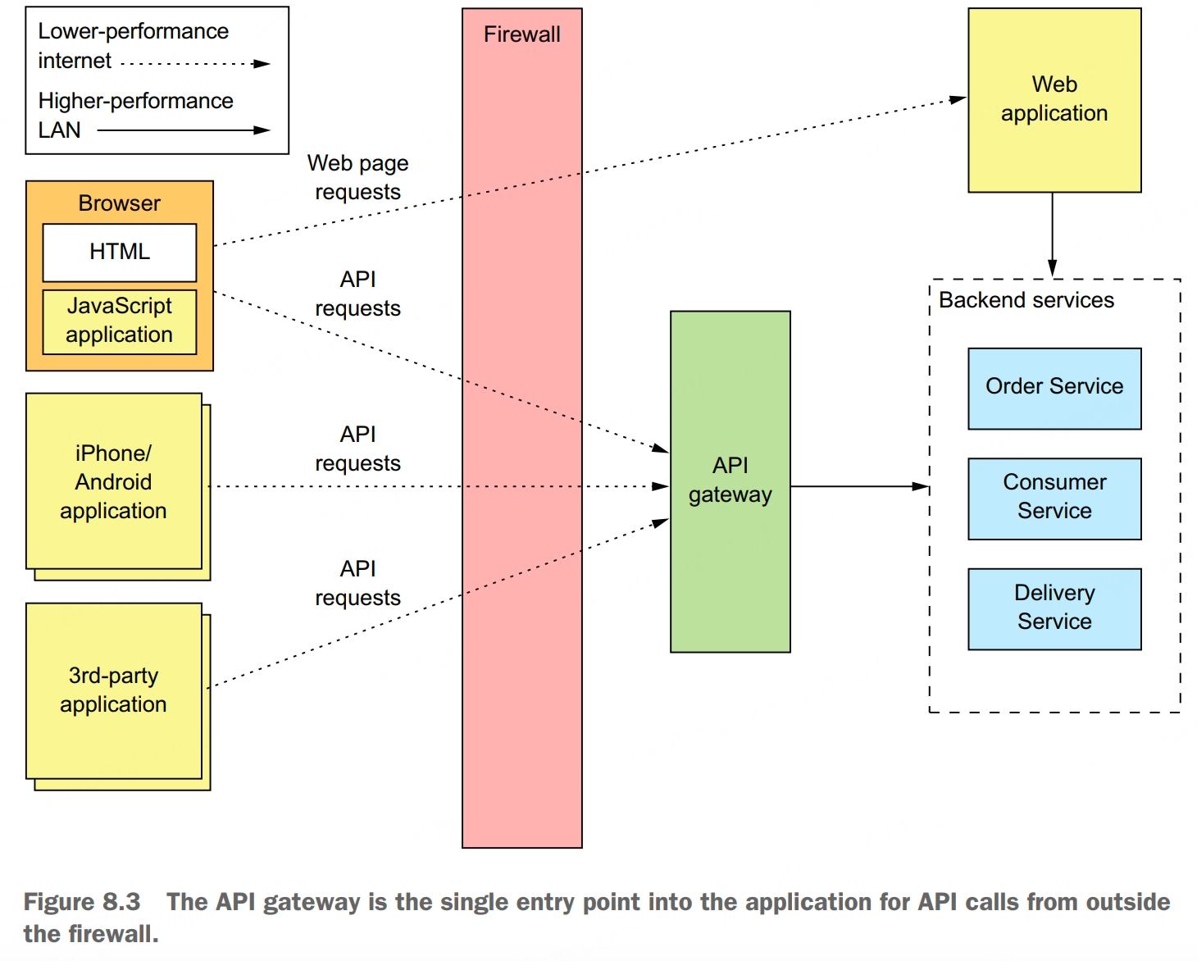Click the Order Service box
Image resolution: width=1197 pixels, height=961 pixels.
(x=1054, y=388)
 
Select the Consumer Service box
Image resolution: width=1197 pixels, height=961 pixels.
(x=1054, y=498)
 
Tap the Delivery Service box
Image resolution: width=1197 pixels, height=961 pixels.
(x=1054, y=608)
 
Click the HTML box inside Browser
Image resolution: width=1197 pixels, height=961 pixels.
(x=120, y=252)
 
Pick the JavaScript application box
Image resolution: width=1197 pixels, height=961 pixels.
(x=120, y=321)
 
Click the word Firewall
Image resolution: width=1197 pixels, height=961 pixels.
(x=521, y=34)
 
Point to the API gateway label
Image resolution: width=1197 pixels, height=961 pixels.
(x=730, y=480)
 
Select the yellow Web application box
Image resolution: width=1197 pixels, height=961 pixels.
(x=1054, y=99)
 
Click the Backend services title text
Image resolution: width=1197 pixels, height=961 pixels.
(x=1026, y=300)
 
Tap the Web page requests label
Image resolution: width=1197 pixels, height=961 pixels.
(x=357, y=177)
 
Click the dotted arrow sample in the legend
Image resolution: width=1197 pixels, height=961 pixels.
(x=195, y=63)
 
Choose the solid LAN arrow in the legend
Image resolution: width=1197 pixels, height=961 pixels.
(x=184, y=130)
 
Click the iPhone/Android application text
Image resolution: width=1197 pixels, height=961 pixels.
(x=113, y=482)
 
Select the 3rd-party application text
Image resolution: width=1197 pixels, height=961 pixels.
(x=113, y=690)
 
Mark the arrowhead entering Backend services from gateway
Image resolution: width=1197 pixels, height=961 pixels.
(x=921, y=486)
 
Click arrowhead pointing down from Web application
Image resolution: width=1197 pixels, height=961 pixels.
(x=1052, y=268)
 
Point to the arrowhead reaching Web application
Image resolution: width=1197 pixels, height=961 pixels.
(x=958, y=99)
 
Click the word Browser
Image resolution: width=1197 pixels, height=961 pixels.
(x=120, y=203)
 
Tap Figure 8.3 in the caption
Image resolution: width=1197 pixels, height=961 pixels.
(x=82, y=902)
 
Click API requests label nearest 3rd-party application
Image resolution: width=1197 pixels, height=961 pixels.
(x=357, y=583)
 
